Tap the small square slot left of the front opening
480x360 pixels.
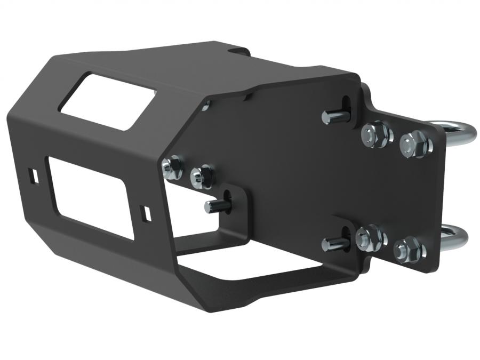[x=33, y=174]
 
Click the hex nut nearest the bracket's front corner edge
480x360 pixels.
[x=172, y=167]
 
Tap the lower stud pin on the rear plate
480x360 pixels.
[x=333, y=244]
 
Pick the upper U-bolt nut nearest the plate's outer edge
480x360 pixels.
[x=413, y=142]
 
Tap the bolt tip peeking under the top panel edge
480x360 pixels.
[x=206, y=107]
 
